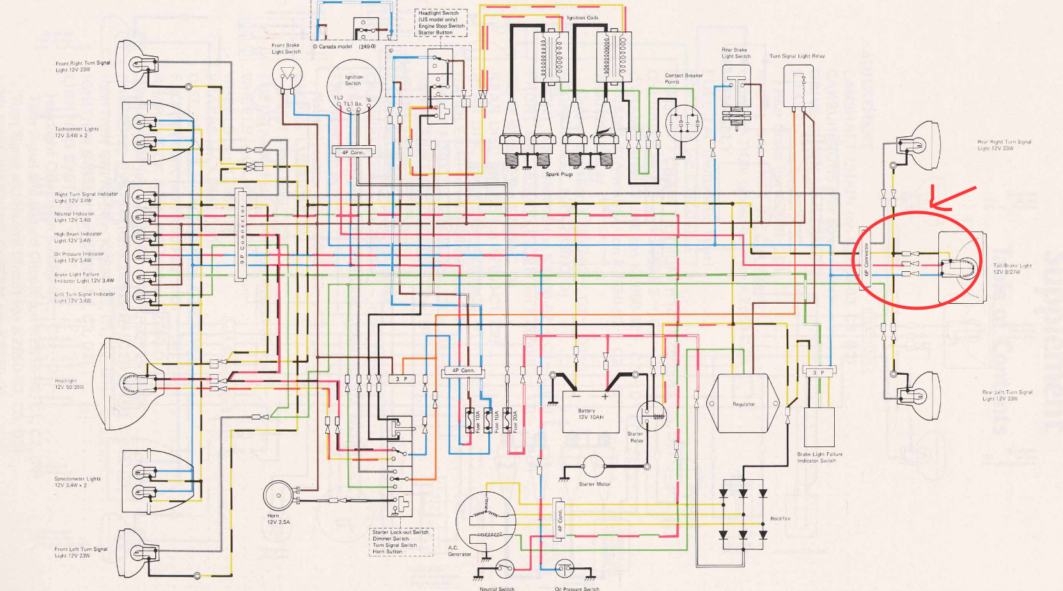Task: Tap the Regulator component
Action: (743, 404)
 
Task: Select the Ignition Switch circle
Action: (353, 85)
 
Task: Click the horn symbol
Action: (278, 497)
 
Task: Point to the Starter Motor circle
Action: (593, 468)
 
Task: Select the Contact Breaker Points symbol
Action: (683, 122)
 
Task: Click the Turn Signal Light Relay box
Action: (798, 86)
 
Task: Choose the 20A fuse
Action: (508, 421)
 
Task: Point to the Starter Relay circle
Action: (651, 416)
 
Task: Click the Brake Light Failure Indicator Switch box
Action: (819, 427)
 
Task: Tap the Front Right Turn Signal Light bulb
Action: (138, 63)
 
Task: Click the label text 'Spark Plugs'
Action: (559, 174)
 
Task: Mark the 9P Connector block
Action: (241, 235)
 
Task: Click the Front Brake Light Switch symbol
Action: (286, 76)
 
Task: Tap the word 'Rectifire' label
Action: (780, 519)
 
